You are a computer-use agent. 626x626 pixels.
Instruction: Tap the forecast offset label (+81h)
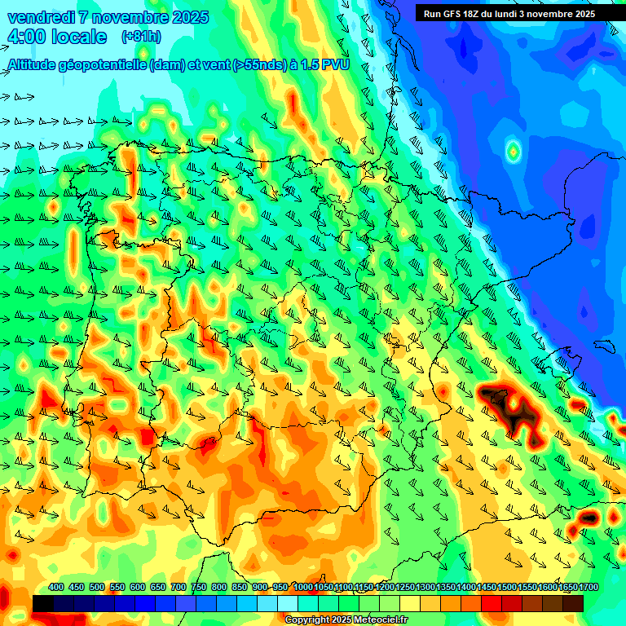(141, 37)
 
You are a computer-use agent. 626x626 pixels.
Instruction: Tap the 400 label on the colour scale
(56, 588)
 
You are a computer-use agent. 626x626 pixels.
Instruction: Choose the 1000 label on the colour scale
(303, 588)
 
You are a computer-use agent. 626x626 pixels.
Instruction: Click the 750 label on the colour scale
(199, 588)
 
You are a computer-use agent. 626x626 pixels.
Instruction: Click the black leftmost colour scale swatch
(43, 603)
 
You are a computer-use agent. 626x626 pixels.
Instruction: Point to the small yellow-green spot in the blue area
(513, 151)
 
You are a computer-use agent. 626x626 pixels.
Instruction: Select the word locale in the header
(78, 37)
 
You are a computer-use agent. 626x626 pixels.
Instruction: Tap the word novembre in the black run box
(552, 14)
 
